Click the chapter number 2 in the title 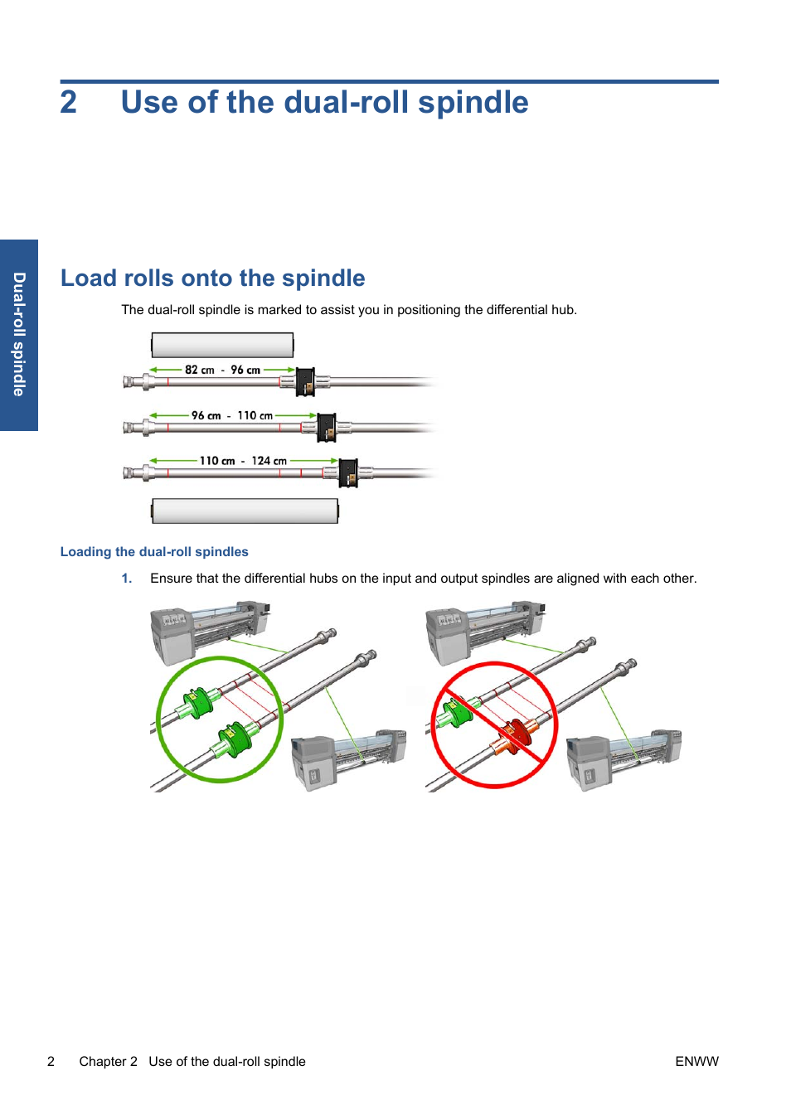68,103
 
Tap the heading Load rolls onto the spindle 212,279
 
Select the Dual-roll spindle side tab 19,335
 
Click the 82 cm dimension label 199,371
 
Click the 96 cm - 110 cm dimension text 231,416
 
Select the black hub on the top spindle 305,382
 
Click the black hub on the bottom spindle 348,473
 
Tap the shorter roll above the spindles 222,345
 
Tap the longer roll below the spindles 245,511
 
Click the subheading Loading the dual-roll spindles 154,552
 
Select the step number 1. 126,579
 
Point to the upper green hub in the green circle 198,703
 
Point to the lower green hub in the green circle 236,739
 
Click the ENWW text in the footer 696,1062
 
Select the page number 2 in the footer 51,1062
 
